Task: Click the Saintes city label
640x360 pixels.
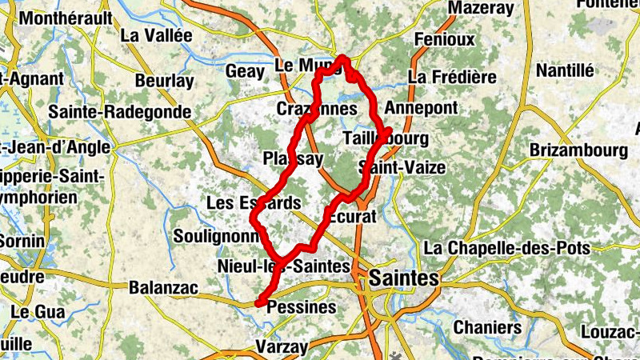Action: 405,278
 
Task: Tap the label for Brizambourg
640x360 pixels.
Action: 578,150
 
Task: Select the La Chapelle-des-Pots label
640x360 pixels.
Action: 507,248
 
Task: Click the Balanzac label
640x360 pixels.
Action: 162,286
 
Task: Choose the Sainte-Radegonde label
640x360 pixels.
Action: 119,112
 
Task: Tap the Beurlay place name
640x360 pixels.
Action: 164,81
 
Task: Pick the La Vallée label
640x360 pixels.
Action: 157,35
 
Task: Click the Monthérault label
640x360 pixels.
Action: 68,17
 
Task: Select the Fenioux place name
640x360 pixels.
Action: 445,39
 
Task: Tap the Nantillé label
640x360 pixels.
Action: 565,70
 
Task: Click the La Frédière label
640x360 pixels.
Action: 452,78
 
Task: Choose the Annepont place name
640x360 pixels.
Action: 421,107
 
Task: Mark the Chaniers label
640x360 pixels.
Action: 487,327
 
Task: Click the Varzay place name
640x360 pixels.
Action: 281,346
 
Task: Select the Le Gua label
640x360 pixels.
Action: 32,311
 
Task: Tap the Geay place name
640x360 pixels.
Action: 246,71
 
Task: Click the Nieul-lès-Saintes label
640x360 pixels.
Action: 284,266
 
